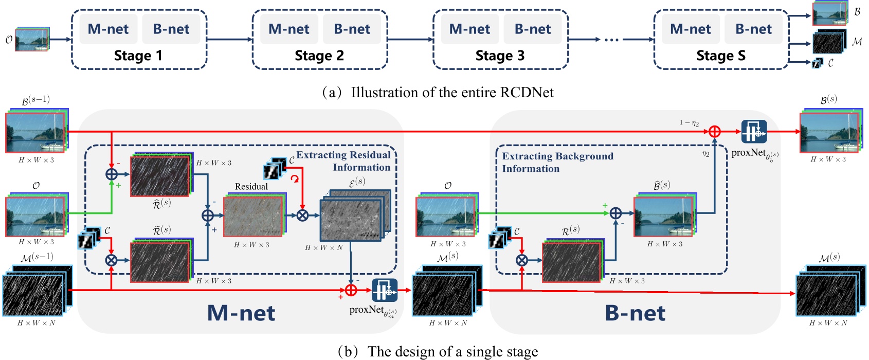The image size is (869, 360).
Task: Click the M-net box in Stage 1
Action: (x=108, y=29)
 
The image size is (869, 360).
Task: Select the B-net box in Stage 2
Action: (x=352, y=29)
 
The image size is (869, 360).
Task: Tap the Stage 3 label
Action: (x=500, y=56)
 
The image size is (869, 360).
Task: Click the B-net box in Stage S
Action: (x=753, y=29)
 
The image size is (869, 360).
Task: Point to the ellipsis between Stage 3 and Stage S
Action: (x=611, y=40)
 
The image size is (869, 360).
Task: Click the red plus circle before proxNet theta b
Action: (x=714, y=132)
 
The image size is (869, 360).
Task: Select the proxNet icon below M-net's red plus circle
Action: (x=385, y=291)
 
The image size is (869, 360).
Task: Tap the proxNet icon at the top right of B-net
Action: (x=754, y=132)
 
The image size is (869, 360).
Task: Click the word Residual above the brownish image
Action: (x=251, y=187)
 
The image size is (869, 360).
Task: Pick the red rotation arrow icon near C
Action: (x=295, y=178)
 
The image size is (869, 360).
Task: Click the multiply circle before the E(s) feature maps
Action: (x=302, y=215)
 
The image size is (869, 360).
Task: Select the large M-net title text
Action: (x=241, y=313)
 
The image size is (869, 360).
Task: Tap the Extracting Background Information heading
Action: (x=557, y=162)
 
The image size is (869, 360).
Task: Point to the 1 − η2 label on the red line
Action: (x=689, y=122)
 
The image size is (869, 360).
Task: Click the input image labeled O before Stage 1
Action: (x=32, y=40)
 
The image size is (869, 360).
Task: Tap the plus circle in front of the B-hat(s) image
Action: (x=615, y=213)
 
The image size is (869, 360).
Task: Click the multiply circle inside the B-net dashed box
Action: (x=521, y=260)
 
